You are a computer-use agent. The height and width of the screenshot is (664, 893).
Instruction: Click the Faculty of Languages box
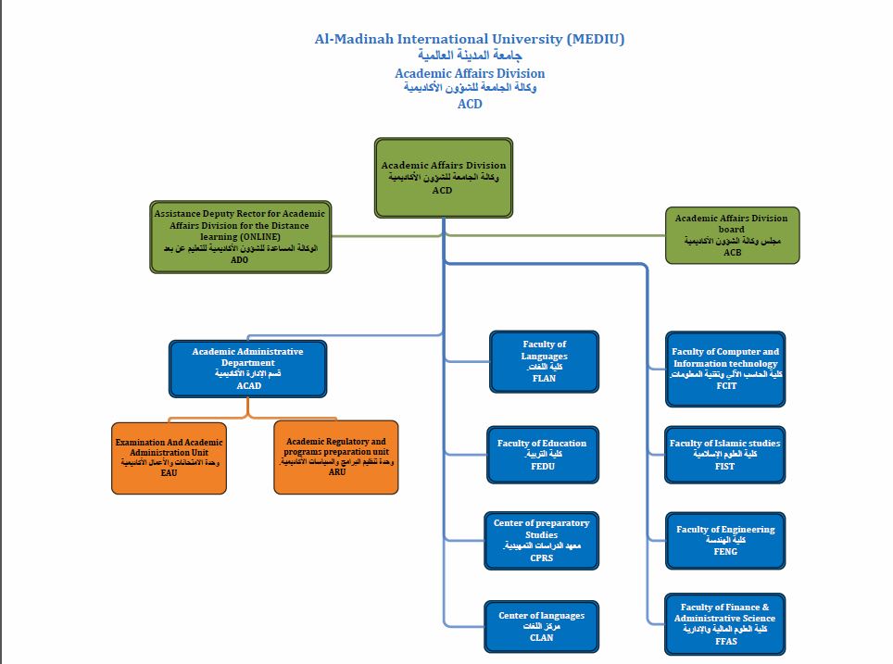[x=544, y=360]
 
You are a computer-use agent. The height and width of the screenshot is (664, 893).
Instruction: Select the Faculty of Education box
[x=543, y=454]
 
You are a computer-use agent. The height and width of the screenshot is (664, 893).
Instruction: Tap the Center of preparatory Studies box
[x=541, y=541]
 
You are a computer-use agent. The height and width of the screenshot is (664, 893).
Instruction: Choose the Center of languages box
[x=541, y=625]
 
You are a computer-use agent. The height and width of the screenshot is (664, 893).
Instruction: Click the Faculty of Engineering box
[x=725, y=540]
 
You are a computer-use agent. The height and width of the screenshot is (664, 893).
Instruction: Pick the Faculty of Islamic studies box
[x=725, y=454]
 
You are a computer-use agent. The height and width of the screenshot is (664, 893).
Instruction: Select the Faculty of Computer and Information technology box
[x=725, y=368]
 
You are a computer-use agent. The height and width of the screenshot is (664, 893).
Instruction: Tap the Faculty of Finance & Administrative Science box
[x=725, y=624]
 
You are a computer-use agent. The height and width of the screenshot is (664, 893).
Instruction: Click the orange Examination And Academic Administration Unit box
[x=169, y=457]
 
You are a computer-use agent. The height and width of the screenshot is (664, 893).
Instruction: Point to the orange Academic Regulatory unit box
[x=336, y=457]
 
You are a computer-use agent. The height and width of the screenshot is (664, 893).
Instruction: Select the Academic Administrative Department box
[x=247, y=369]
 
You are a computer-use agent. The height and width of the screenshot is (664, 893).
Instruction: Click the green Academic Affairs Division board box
[x=732, y=235]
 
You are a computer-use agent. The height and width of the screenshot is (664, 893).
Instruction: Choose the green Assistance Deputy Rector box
[x=240, y=237]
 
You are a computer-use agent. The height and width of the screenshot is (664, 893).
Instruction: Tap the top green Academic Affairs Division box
[x=443, y=178]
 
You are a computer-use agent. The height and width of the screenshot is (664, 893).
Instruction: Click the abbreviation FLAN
[x=545, y=378]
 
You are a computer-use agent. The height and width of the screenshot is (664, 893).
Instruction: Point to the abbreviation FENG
[x=725, y=551]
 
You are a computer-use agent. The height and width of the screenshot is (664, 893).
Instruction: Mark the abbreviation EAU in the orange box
[x=169, y=472]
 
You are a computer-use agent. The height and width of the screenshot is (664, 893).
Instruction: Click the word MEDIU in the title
[x=593, y=39]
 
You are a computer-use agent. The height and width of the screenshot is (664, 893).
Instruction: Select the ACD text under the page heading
[x=470, y=104]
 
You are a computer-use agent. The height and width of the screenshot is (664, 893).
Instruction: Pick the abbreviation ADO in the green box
[x=239, y=260]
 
